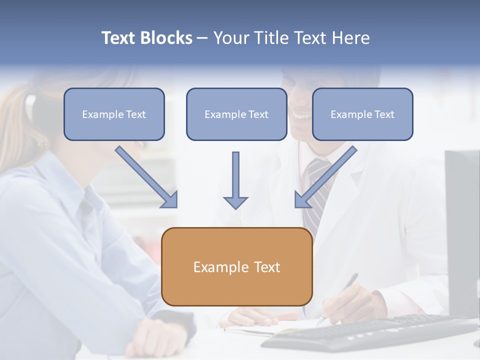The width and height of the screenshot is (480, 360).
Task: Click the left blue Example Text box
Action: [114, 114]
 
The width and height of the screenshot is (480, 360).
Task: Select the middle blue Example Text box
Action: [236, 114]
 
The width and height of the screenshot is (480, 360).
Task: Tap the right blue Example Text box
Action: [362, 114]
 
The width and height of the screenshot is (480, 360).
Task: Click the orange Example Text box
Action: [237, 267]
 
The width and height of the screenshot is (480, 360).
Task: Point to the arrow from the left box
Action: [145, 176]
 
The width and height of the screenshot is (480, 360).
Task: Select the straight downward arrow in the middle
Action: [235, 180]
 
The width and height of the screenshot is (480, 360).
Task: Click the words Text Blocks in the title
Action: [146, 38]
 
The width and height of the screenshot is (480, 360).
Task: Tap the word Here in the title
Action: [349, 38]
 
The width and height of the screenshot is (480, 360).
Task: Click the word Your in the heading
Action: [231, 38]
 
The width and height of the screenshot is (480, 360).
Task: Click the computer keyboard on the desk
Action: [370, 332]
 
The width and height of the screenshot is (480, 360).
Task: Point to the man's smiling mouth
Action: [301, 116]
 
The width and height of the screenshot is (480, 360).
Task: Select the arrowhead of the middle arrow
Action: [235, 202]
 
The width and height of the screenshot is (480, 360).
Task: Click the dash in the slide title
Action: [203, 38]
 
